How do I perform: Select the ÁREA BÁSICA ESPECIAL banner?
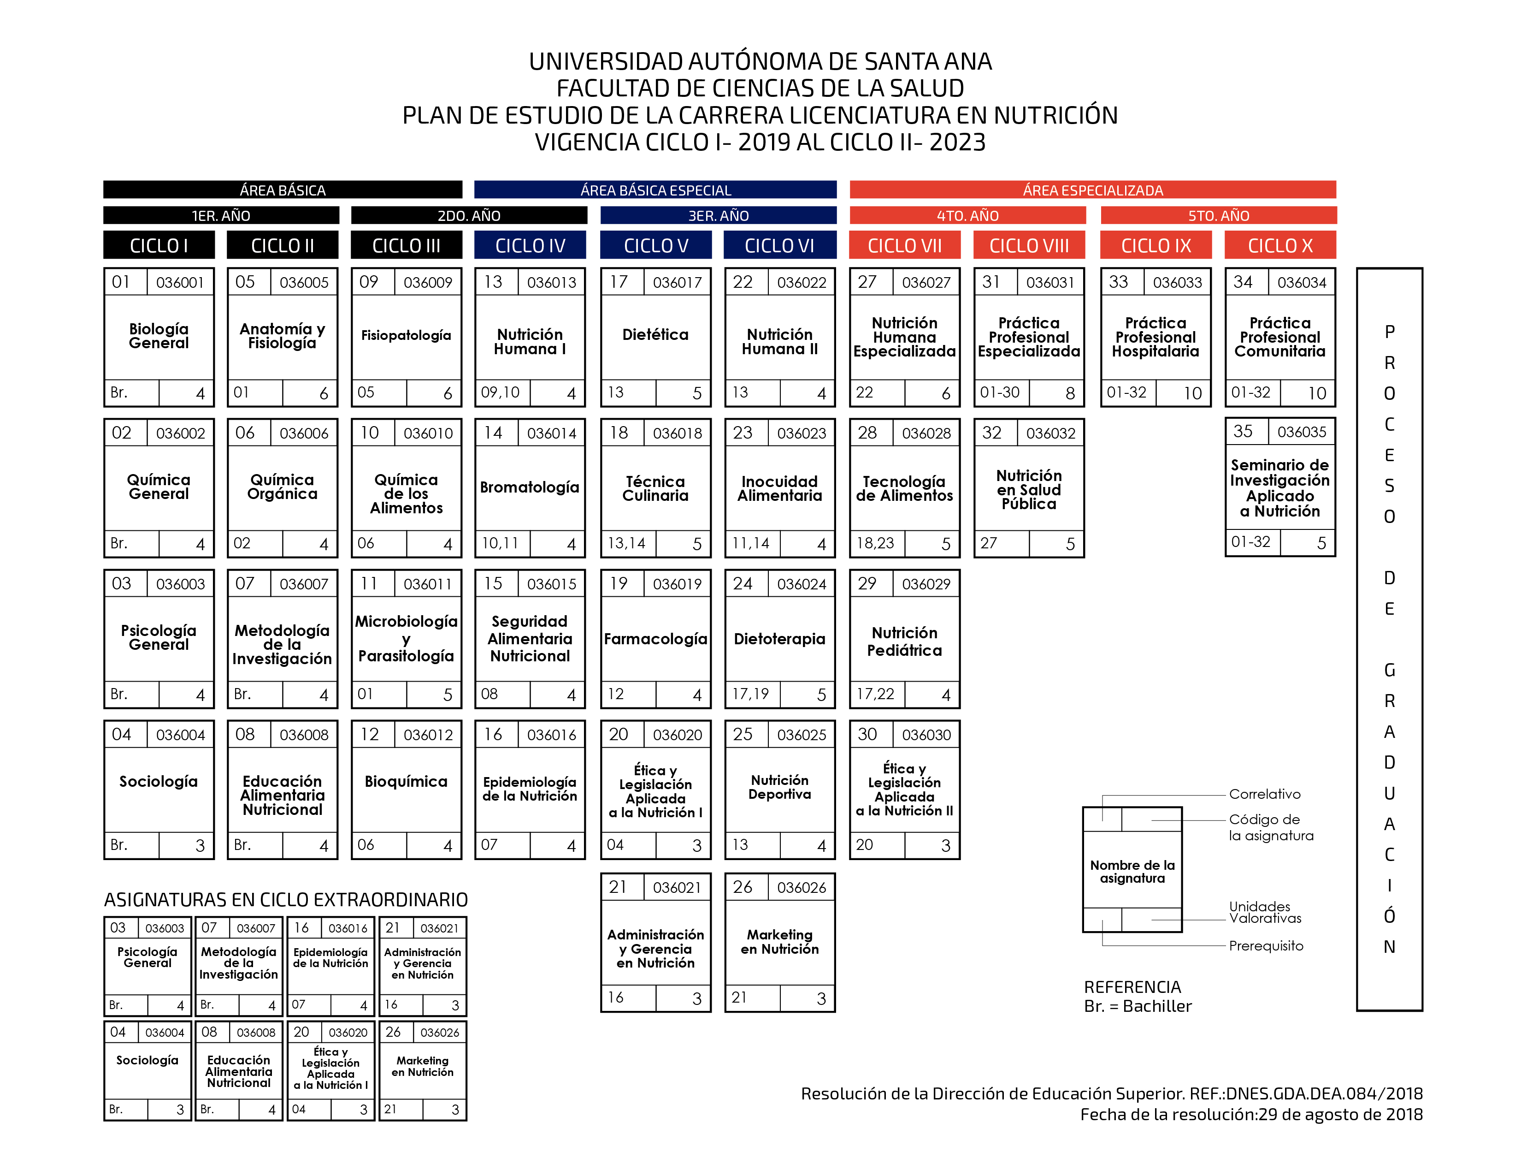click(655, 190)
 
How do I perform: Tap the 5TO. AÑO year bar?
click(1218, 215)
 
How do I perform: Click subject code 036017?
click(677, 282)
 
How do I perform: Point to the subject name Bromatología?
click(529, 487)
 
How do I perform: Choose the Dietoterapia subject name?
click(779, 639)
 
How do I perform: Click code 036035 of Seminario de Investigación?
click(1302, 432)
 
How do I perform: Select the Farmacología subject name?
click(655, 639)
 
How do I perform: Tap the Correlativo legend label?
click(1264, 794)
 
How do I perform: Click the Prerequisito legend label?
click(1265, 945)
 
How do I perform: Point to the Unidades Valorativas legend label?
click(1265, 912)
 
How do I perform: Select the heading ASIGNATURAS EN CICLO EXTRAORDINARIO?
click(286, 899)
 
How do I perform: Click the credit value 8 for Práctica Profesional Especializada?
click(1070, 394)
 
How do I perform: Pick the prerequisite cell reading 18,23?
click(875, 543)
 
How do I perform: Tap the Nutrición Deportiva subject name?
click(779, 787)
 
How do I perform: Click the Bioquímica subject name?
click(406, 782)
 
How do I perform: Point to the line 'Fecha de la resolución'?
click(1251, 1115)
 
